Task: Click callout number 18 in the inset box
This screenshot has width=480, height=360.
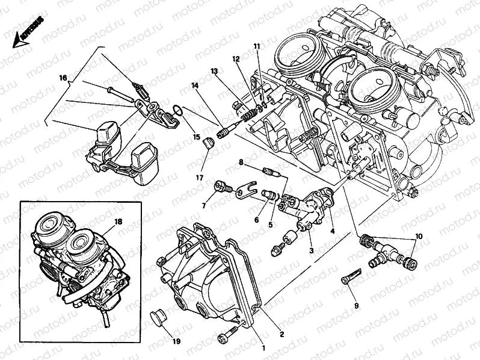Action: click(118, 222)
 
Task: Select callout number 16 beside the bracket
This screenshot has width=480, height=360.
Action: click(63, 78)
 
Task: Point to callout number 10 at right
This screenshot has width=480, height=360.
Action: click(418, 237)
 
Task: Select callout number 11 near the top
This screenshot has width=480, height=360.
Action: click(256, 46)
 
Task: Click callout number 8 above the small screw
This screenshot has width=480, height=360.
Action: click(240, 163)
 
